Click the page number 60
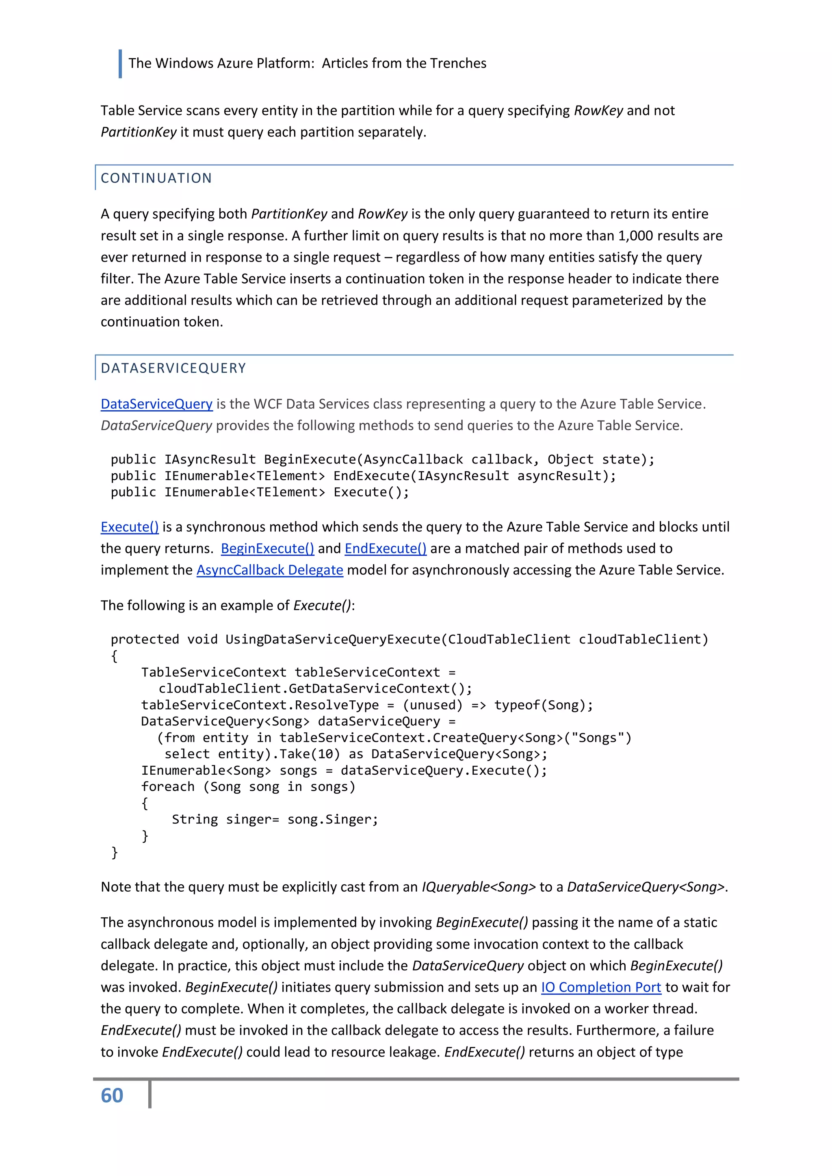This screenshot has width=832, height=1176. click(112, 1096)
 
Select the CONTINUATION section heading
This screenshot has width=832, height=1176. click(156, 178)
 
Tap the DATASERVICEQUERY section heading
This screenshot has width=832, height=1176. click(173, 368)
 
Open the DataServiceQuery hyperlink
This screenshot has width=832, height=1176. click(156, 404)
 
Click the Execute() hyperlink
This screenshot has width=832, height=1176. click(130, 527)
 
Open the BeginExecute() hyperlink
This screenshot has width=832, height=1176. click(267, 548)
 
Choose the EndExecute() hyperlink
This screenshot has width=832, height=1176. click(385, 548)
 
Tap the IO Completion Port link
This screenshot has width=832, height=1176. click(601, 987)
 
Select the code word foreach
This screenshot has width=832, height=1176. click(168, 787)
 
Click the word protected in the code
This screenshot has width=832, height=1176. click(145, 639)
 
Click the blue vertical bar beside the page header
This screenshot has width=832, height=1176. click(120, 63)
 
